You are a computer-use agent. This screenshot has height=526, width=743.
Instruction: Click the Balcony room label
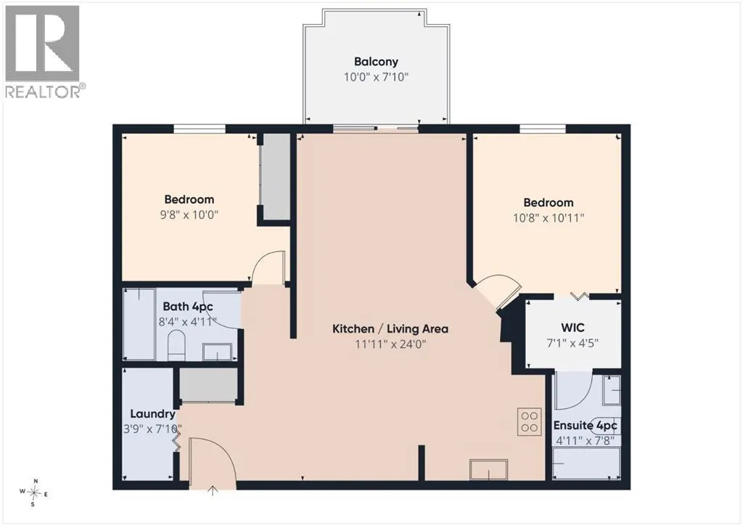tap(376, 62)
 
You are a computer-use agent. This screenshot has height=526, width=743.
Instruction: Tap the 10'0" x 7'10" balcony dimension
tap(376, 77)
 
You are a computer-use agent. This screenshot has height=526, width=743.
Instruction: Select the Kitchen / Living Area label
tap(390, 328)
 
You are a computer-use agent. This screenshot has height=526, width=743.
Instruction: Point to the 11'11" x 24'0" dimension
tap(390, 344)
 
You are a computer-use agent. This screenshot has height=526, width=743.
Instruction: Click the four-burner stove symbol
tap(529, 421)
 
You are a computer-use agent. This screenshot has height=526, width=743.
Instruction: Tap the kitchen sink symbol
tap(488, 469)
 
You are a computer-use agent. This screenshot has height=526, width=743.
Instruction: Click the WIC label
tap(572, 328)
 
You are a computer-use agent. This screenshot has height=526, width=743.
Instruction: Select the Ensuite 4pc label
tap(586, 426)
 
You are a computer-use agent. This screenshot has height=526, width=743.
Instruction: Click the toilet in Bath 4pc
tap(176, 345)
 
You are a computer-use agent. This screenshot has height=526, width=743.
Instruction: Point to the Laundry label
tap(152, 414)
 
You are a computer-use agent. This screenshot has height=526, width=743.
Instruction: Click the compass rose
tap(33, 493)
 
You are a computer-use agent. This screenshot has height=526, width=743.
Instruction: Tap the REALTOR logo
tap(44, 52)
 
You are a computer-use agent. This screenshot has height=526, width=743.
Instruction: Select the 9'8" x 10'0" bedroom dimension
tap(189, 215)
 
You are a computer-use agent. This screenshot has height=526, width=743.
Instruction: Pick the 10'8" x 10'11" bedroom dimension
tap(549, 218)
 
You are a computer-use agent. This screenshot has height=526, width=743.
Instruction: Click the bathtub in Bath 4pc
tap(139, 324)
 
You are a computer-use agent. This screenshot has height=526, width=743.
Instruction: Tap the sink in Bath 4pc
tap(218, 352)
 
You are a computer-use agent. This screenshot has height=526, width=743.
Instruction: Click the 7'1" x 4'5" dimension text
tap(572, 343)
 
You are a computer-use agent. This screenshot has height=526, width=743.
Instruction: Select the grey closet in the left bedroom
tap(276, 177)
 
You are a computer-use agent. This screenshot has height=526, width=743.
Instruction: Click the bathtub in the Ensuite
tap(586, 463)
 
